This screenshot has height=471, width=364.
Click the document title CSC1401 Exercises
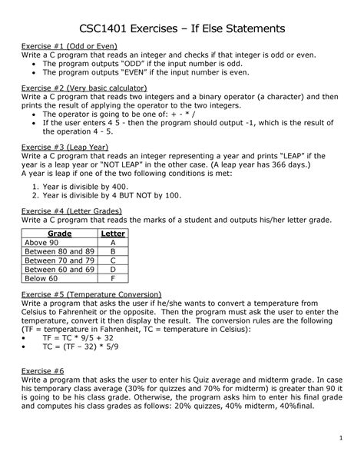pyautogui.click(x=181, y=28)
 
